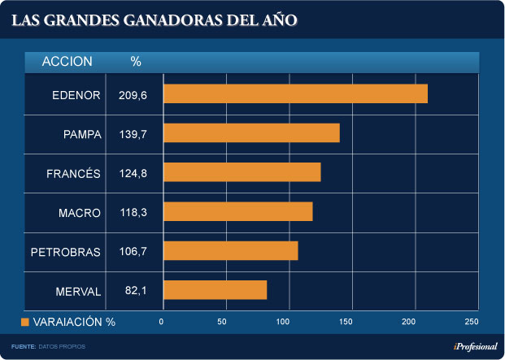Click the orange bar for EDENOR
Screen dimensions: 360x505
[295, 94]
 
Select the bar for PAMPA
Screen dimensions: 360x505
[251, 133]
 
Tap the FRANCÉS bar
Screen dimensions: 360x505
[242, 172]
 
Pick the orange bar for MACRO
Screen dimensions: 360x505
[238, 212]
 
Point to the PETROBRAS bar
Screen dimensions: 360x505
[231, 251]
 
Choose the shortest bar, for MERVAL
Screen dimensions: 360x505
[215, 290]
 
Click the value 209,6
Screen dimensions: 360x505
[132, 95]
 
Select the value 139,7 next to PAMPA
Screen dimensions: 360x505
[132, 134]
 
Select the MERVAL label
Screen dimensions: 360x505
[77, 291]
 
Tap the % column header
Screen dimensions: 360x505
[136, 62]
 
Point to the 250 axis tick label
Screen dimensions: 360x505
[472, 323]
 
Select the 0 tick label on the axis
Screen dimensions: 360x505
[162, 323]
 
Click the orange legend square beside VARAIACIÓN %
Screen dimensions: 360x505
[25, 323]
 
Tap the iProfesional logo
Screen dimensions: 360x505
[475, 347]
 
